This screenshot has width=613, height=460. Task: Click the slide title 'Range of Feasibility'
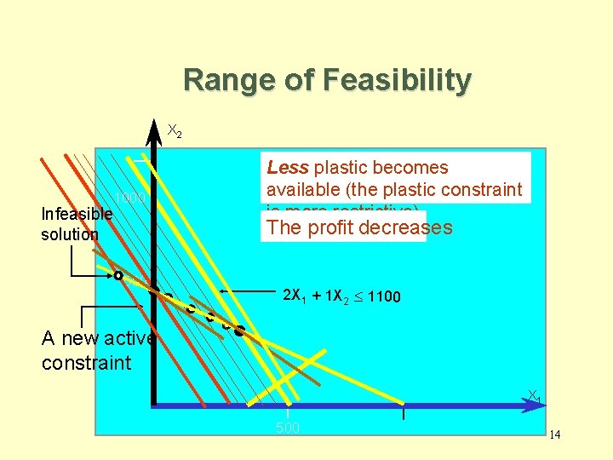pos(327,81)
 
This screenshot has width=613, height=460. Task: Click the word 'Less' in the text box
pos(287,168)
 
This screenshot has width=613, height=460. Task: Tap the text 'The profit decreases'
pos(359,228)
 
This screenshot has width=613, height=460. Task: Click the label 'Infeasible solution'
pos(70,224)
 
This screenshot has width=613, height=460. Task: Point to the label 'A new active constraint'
pos(98,350)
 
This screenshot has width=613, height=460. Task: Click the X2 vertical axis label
pos(174,131)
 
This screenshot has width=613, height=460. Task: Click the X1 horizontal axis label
pos(534,396)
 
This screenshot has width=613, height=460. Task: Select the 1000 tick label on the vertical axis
pos(132,198)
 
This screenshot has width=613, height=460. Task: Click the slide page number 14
pos(555,435)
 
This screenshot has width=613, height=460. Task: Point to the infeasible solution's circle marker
pos(118,276)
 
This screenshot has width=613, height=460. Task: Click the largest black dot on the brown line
pos(240,329)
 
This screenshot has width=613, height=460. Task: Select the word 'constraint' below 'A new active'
pos(86,363)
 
